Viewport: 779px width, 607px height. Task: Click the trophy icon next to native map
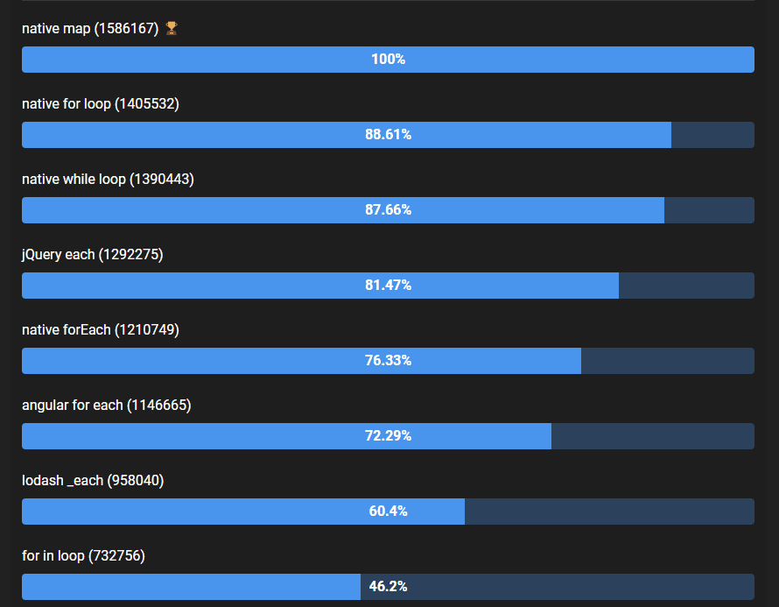(x=172, y=28)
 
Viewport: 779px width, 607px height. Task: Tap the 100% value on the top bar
(x=388, y=60)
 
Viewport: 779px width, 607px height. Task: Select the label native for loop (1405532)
(x=101, y=103)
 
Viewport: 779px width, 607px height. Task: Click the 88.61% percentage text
(x=388, y=135)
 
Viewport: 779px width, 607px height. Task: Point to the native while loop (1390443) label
(x=108, y=179)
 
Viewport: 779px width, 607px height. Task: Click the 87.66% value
(x=388, y=210)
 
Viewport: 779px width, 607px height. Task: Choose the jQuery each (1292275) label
(x=93, y=254)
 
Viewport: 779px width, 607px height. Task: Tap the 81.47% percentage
(x=388, y=286)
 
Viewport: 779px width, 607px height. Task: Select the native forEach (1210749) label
(x=101, y=329)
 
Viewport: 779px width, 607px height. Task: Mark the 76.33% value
(x=388, y=361)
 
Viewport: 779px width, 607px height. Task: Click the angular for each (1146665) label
(x=107, y=405)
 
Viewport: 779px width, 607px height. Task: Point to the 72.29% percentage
(x=388, y=436)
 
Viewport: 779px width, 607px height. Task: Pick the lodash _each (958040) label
(x=93, y=480)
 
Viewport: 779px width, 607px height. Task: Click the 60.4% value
(x=388, y=512)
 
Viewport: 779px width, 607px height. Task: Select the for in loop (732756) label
(x=83, y=555)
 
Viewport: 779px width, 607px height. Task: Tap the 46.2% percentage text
(x=388, y=587)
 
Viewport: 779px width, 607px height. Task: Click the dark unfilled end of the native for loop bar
(x=712, y=135)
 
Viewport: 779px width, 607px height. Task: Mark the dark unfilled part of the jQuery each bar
(x=686, y=286)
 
